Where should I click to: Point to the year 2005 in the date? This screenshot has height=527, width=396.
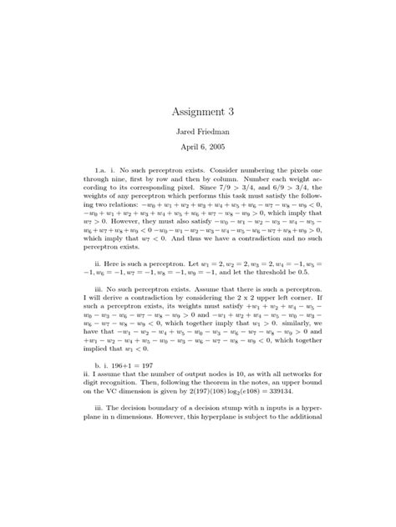tap(213, 147)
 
